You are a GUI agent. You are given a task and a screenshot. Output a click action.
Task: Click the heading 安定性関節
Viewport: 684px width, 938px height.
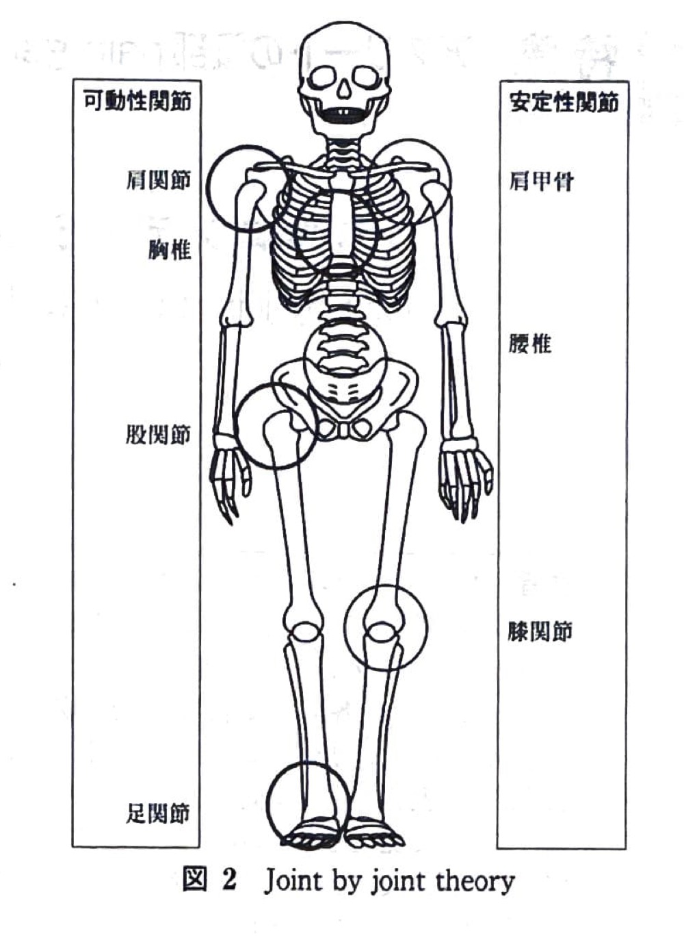[x=564, y=102]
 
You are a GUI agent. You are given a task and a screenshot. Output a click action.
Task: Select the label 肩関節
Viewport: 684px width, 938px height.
[x=159, y=179]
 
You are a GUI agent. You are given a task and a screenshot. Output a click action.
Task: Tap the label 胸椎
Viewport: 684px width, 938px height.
[x=170, y=249]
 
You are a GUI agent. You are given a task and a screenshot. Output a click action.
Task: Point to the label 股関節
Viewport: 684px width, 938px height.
[x=158, y=434]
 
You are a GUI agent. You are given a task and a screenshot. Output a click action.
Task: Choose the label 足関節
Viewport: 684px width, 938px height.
[x=158, y=813]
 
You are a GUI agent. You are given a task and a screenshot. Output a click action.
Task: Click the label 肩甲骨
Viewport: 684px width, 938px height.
[x=541, y=181]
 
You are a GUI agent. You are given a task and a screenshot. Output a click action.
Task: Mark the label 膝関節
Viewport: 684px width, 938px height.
[x=540, y=631]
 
